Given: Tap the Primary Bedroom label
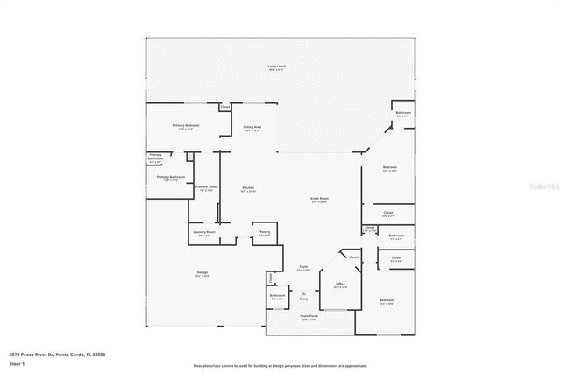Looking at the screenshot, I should pyautogui.click(x=186, y=126).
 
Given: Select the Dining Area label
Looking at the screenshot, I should pyautogui.click(x=252, y=128).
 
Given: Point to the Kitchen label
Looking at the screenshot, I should pyautogui.click(x=248, y=188).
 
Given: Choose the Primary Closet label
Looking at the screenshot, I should pyautogui.click(x=207, y=187).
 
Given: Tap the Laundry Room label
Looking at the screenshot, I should pyautogui.click(x=206, y=233).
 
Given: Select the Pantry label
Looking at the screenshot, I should pyautogui.click(x=264, y=233).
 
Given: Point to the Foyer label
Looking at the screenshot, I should pyautogui.click(x=303, y=267).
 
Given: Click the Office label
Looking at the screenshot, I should pyautogui.click(x=340, y=285).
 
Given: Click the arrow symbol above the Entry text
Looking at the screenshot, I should pyautogui.click(x=304, y=292).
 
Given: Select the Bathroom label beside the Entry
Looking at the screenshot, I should pyautogui.click(x=278, y=297).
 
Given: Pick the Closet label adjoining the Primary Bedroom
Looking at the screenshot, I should pyautogui.click(x=225, y=108).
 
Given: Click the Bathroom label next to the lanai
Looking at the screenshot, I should pyautogui.click(x=403, y=114).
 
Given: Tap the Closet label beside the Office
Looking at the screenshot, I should pyautogui.click(x=354, y=257).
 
